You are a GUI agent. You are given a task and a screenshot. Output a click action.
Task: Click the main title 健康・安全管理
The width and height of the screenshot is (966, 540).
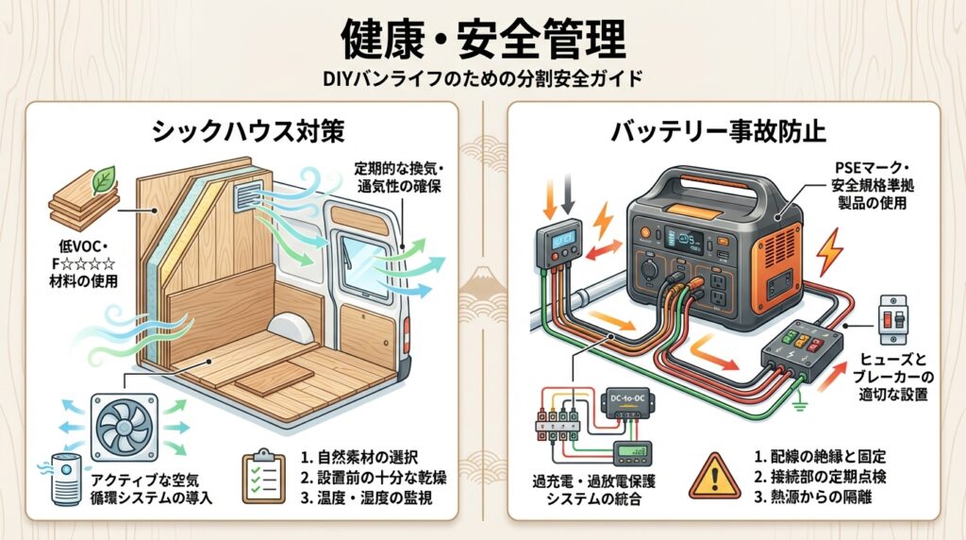482,40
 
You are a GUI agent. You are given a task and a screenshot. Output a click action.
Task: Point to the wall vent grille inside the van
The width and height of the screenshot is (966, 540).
254,195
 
